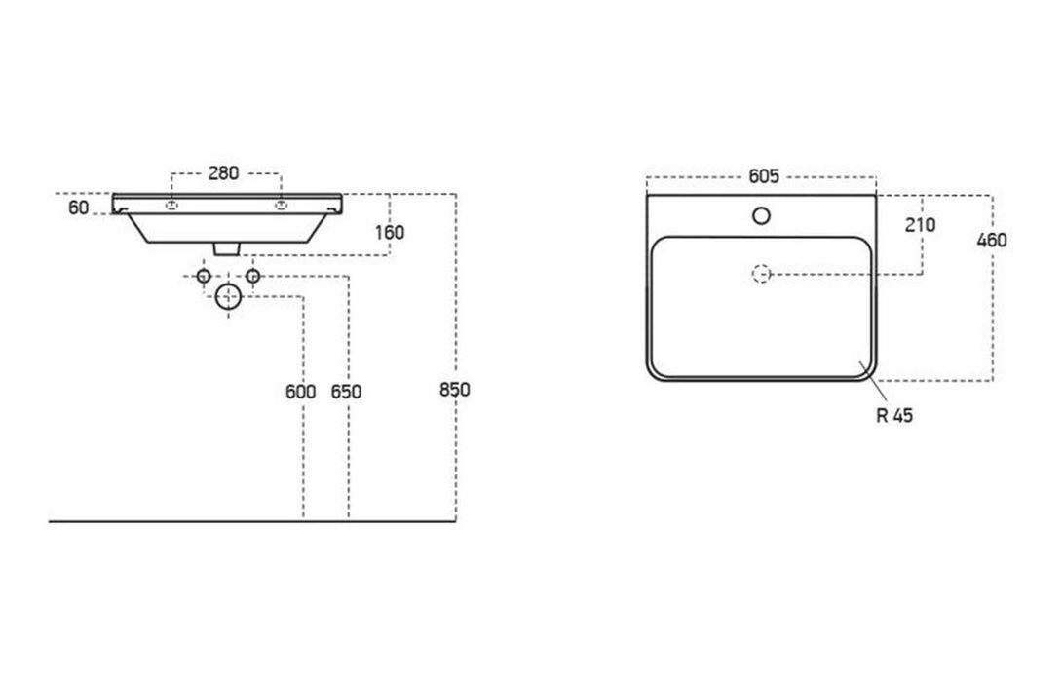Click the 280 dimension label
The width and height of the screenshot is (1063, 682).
click(224, 173)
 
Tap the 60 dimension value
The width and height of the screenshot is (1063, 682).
click(79, 208)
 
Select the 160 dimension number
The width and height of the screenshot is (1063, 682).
click(388, 232)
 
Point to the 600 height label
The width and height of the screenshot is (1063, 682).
click(301, 392)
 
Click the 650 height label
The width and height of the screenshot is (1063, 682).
click(346, 392)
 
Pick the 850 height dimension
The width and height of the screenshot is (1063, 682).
click(455, 389)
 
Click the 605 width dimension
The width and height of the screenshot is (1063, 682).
click(763, 176)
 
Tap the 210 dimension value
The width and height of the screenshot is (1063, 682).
click(920, 225)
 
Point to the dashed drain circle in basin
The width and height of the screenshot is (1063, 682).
click(762, 275)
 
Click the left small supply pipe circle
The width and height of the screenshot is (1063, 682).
click(204, 277)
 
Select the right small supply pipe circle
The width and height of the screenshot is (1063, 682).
click(252, 277)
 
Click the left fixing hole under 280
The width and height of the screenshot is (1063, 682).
click(171, 205)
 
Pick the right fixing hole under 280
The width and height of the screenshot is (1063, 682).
click(282, 205)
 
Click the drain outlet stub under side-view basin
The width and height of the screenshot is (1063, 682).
click(227, 248)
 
